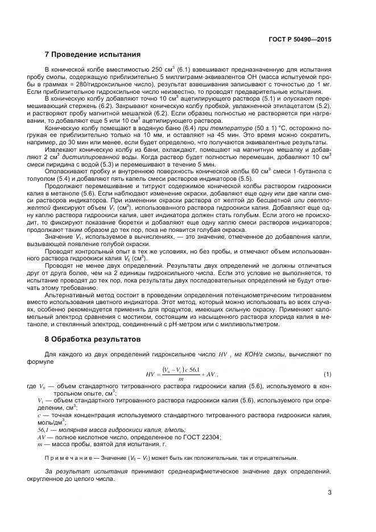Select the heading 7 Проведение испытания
pyautogui.click(x=92, y=55)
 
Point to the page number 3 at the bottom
pyautogui.click(x=329, y=492)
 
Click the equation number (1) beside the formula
pyautogui.click(x=327, y=373)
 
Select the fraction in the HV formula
pyautogui.click(x=181, y=373)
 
